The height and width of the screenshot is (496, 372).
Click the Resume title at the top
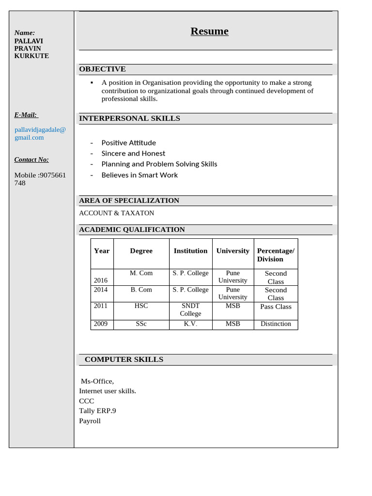point(209,31)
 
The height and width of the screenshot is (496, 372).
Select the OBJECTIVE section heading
point(102,69)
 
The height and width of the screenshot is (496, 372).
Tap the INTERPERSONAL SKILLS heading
point(129,119)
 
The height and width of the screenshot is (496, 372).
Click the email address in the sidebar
point(40,133)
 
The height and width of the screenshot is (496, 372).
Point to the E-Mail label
point(26,115)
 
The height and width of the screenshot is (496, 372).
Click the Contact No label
point(31,160)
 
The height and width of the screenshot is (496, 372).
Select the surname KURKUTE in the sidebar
point(31,56)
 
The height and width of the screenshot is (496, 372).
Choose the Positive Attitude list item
point(128,143)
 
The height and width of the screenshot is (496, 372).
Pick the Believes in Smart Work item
point(139,175)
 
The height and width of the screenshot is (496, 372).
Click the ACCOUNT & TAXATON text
point(116,213)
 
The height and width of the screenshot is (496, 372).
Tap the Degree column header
point(141,251)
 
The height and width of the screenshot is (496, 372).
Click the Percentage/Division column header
point(276,255)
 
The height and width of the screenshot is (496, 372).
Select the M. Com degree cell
point(141,273)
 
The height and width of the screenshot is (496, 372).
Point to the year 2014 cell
point(101,290)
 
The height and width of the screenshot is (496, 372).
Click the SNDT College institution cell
point(190,310)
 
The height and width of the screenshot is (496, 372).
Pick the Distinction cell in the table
point(276,324)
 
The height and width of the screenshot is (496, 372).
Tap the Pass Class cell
point(276,307)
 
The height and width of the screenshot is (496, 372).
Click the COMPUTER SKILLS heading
point(124,359)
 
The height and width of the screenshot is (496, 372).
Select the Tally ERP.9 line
point(97,411)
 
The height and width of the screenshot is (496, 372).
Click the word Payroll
point(90,421)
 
